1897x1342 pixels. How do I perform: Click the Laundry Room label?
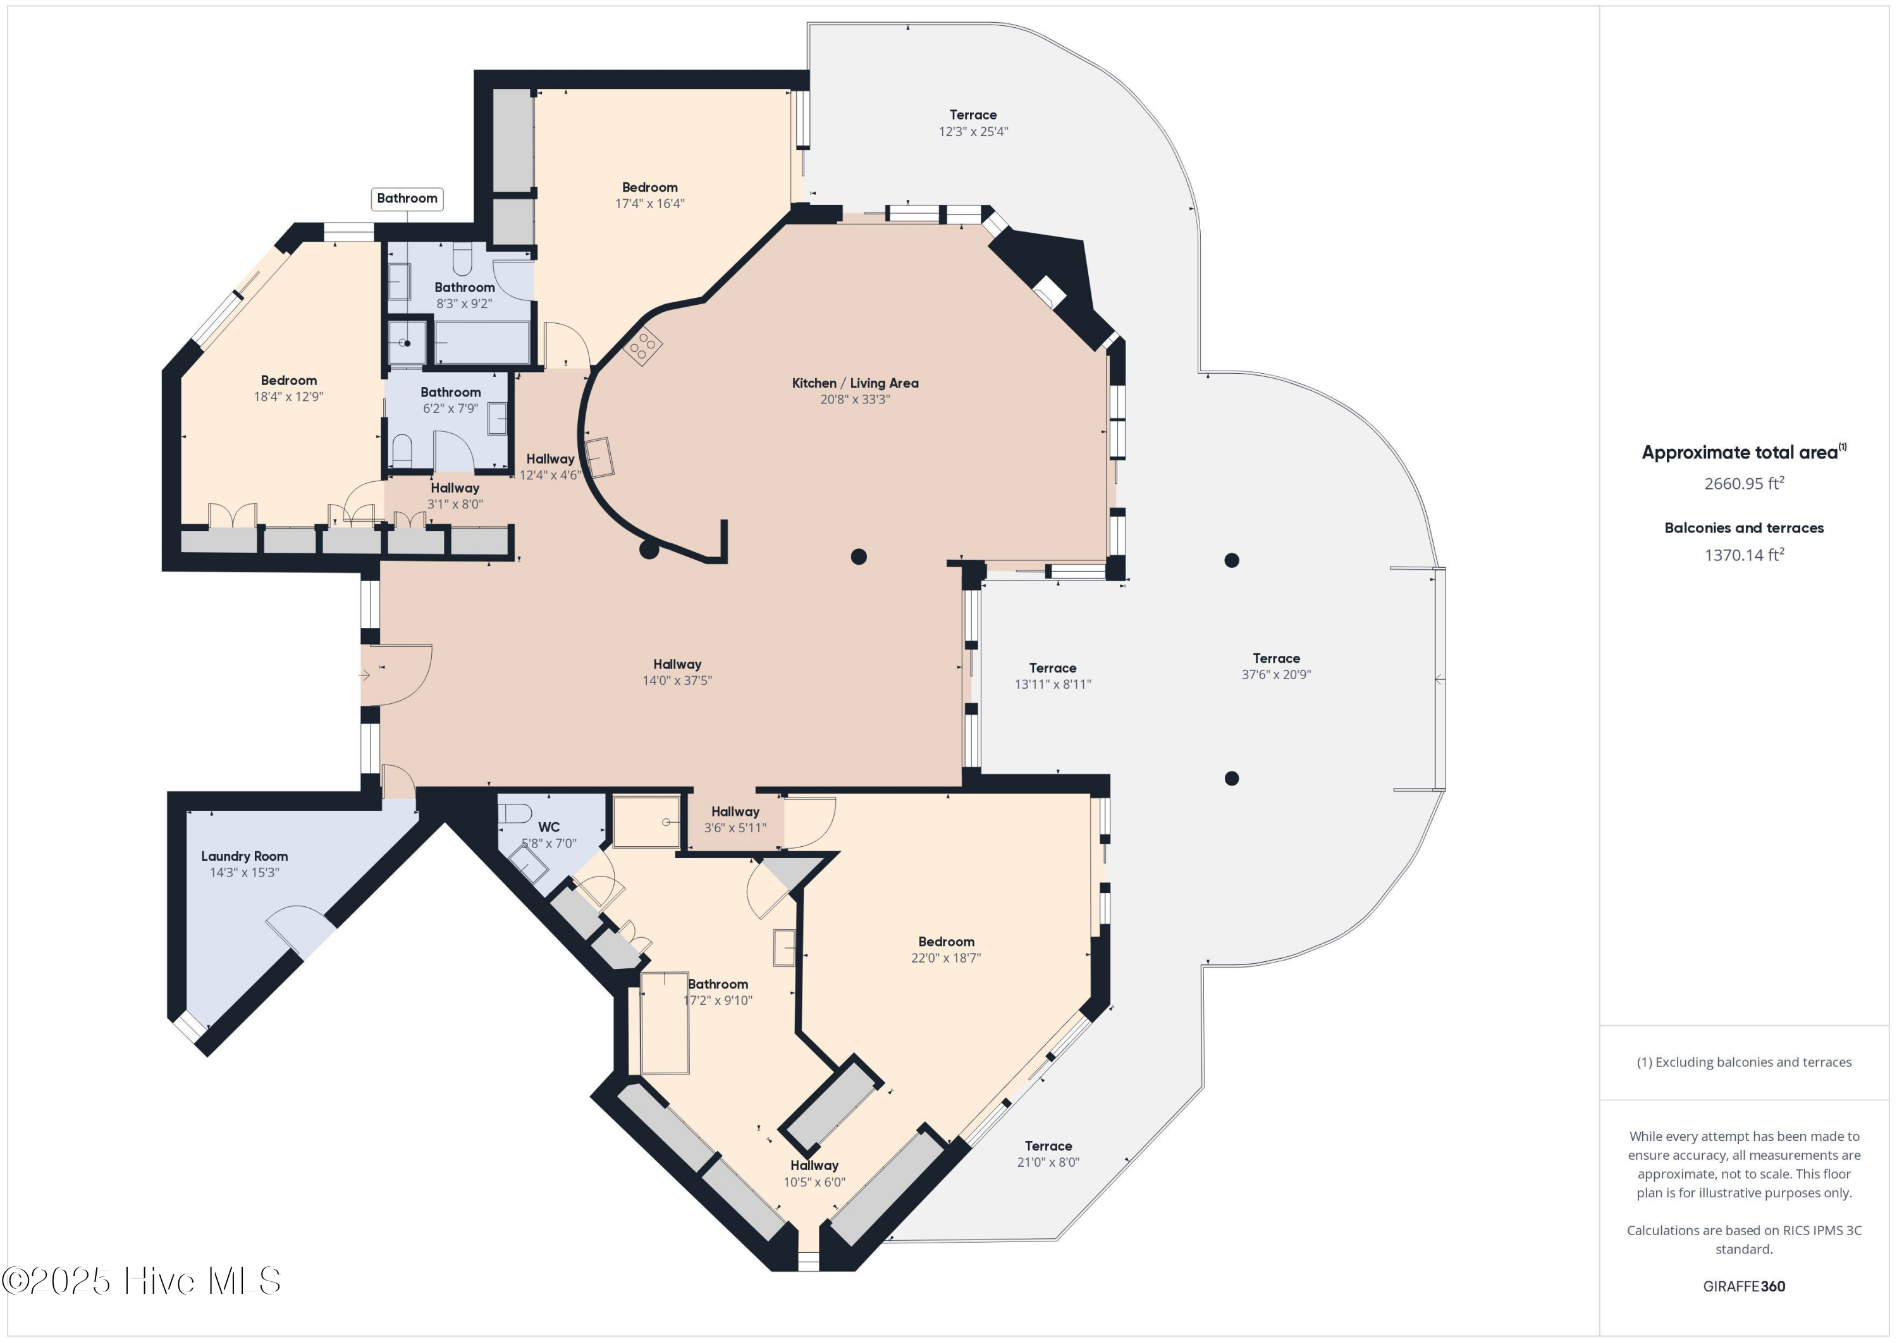(x=245, y=856)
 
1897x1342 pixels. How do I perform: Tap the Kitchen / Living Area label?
(x=855, y=383)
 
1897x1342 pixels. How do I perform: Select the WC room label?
(x=549, y=827)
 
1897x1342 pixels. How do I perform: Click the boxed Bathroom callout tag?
(x=407, y=199)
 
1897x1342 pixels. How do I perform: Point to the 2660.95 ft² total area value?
(x=1743, y=483)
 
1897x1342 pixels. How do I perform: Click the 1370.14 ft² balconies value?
(x=1743, y=555)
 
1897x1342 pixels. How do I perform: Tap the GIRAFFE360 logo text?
(x=1743, y=1286)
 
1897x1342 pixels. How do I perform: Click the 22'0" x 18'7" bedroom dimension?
(x=945, y=957)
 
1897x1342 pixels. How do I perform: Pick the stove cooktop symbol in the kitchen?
(x=642, y=346)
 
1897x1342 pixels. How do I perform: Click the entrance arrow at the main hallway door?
(x=364, y=675)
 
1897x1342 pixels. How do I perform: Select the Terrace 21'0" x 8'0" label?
(x=1048, y=1146)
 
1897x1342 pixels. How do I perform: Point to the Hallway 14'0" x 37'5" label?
(x=677, y=665)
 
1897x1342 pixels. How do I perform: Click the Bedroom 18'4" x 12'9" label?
(x=288, y=381)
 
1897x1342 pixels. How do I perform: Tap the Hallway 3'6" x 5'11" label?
(x=735, y=812)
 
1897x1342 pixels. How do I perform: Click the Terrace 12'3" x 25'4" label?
(x=973, y=115)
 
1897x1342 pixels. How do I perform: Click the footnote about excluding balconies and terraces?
(x=1743, y=1062)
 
